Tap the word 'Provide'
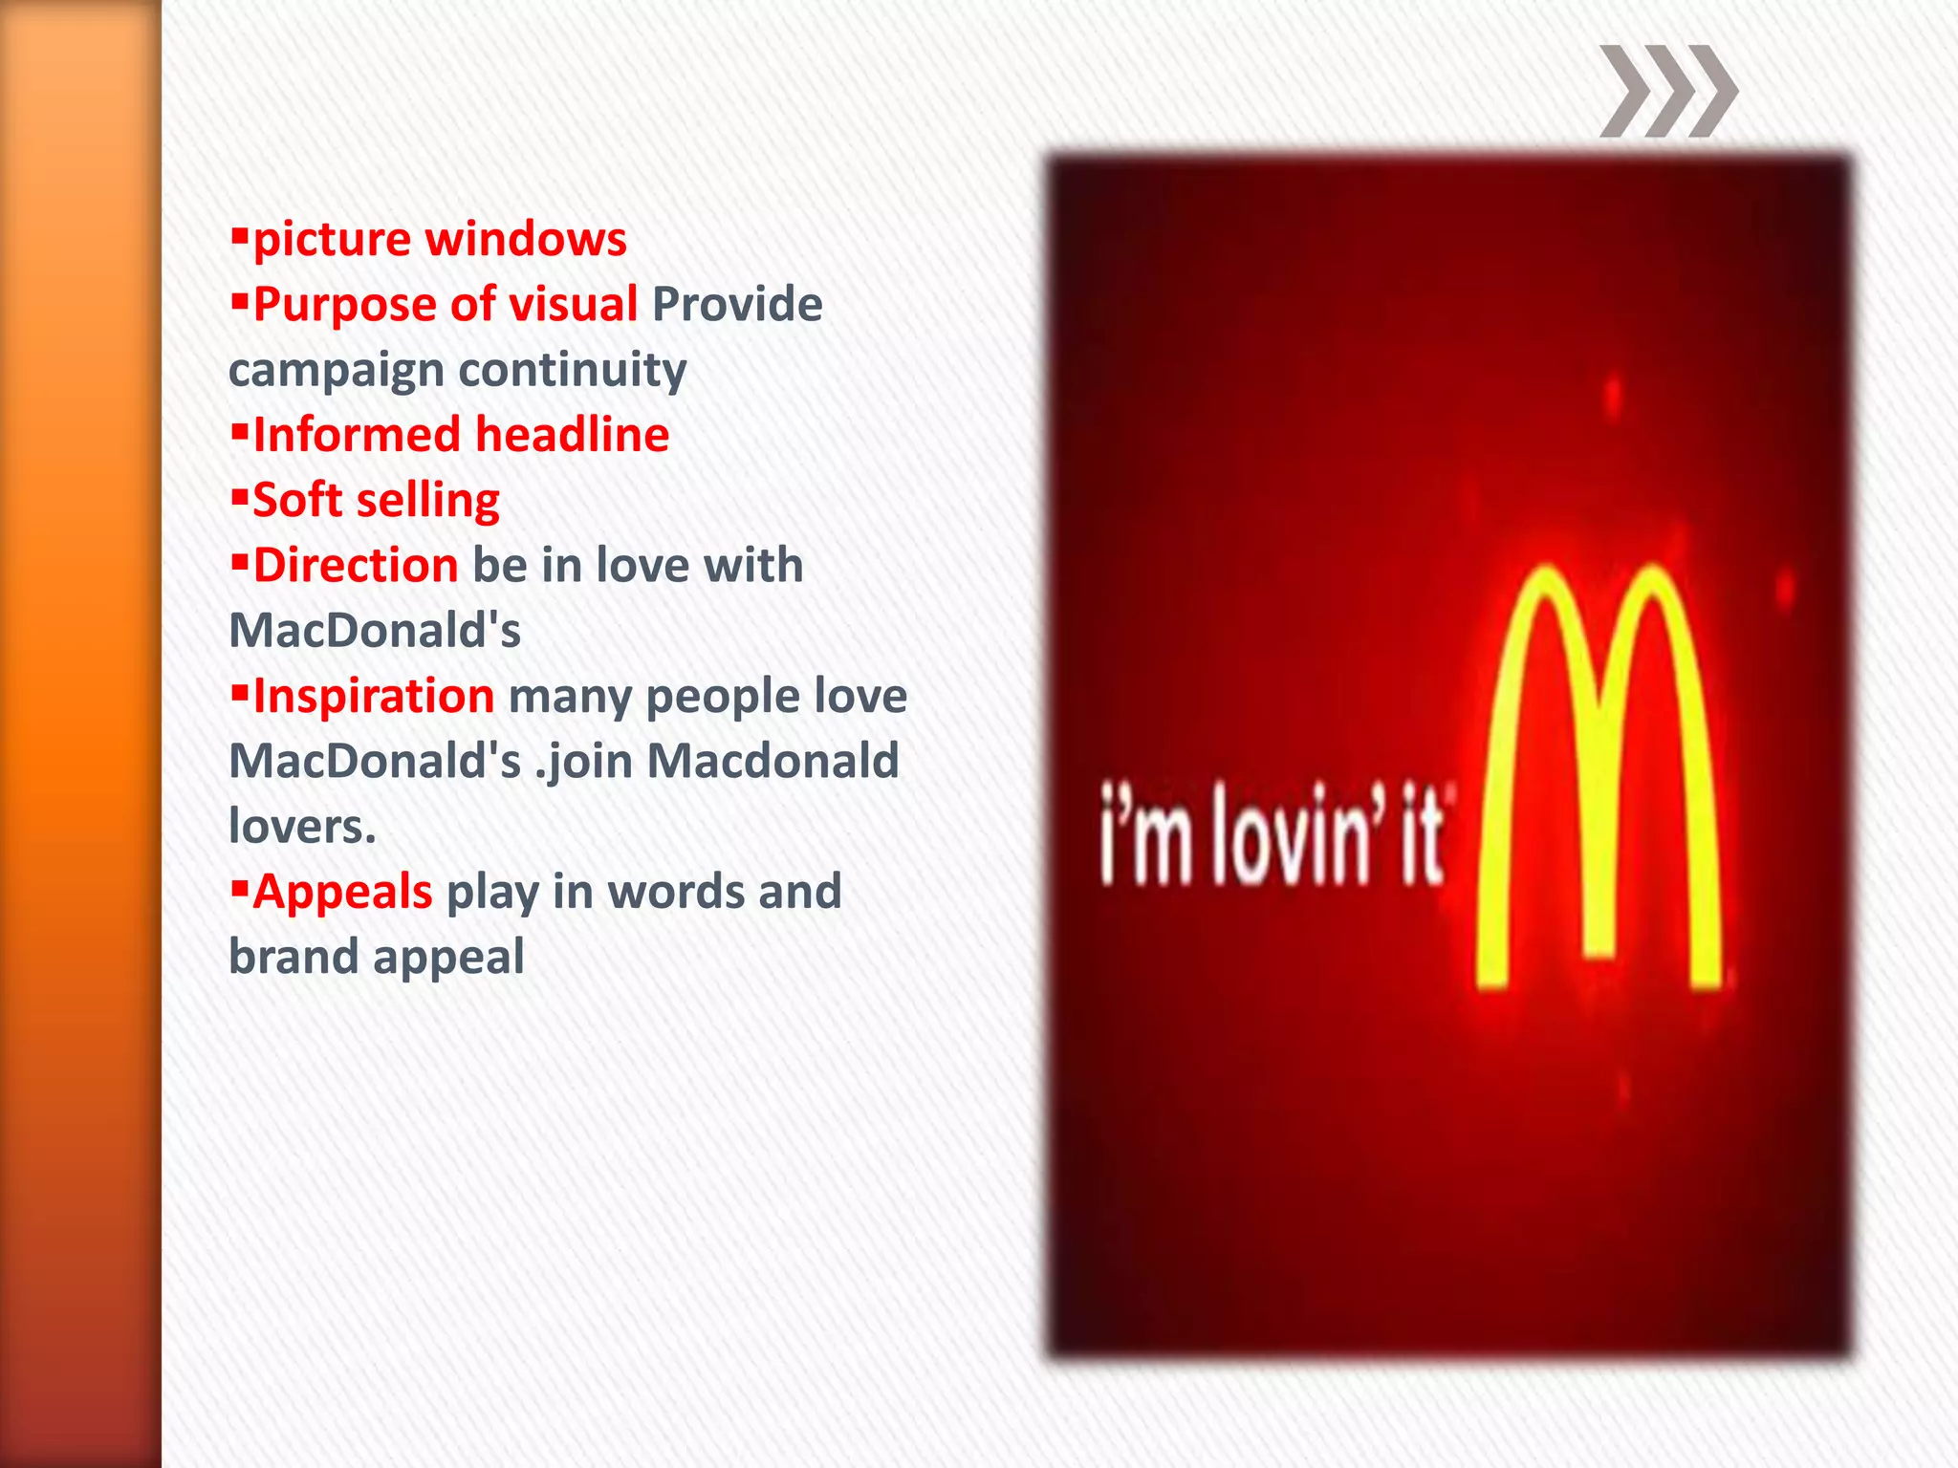coord(736,305)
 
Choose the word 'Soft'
coord(296,500)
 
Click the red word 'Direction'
coord(355,565)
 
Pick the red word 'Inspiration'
coord(373,696)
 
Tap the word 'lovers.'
coord(302,827)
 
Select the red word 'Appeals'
coord(342,892)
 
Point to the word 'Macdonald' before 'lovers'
coord(772,762)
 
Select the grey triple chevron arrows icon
coord(1668,91)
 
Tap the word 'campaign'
coord(337,371)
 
